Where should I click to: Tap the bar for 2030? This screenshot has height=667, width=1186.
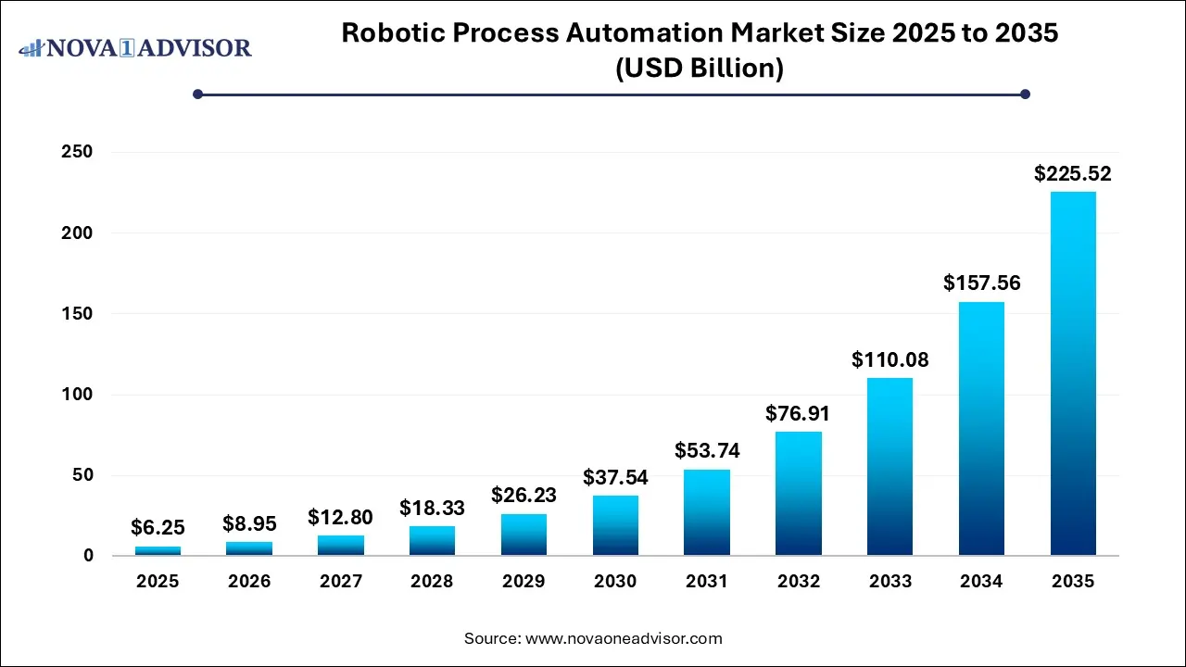[x=615, y=525]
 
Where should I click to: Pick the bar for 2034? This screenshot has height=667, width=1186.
[x=981, y=428]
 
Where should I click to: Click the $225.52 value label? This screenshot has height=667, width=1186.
[x=1073, y=173]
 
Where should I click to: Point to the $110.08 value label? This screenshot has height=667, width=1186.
[x=889, y=359]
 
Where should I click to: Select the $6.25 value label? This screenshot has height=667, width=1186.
[x=158, y=528]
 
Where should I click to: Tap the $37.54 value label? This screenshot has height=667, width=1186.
[x=615, y=478]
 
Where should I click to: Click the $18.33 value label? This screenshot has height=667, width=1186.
[x=432, y=508]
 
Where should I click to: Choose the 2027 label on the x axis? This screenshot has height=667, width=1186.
[x=341, y=582]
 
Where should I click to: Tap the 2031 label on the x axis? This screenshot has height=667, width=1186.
[x=707, y=582]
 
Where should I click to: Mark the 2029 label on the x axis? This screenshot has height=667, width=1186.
[x=524, y=582]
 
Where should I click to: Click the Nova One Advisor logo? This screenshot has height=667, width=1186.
[x=135, y=47]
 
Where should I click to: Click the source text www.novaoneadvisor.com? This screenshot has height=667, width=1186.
[x=623, y=638]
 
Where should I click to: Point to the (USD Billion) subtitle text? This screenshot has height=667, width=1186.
[x=700, y=69]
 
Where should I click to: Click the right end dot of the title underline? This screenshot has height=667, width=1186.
[x=1025, y=94]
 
